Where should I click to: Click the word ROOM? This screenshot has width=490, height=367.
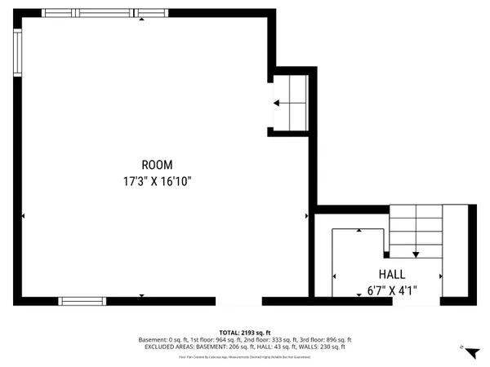click(x=157, y=165)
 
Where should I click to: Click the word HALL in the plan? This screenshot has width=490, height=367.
click(x=391, y=274)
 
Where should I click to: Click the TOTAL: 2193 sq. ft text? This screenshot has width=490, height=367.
click(x=245, y=333)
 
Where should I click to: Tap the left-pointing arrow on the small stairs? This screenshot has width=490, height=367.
click(x=278, y=103)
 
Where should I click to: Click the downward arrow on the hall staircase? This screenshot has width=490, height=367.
click(x=416, y=252)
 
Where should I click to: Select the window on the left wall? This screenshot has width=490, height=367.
click(x=17, y=54)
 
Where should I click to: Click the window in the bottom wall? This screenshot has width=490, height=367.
click(x=82, y=301)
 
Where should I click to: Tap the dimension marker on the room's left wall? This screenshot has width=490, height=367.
click(x=24, y=216)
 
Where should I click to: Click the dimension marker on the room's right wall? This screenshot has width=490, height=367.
click(x=306, y=216)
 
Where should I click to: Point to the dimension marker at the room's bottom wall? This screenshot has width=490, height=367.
click(x=141, y=295)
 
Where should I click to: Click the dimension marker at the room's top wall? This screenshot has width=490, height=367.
click(x=141, y=19)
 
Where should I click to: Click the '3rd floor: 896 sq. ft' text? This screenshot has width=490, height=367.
click(x=325, y=339)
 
